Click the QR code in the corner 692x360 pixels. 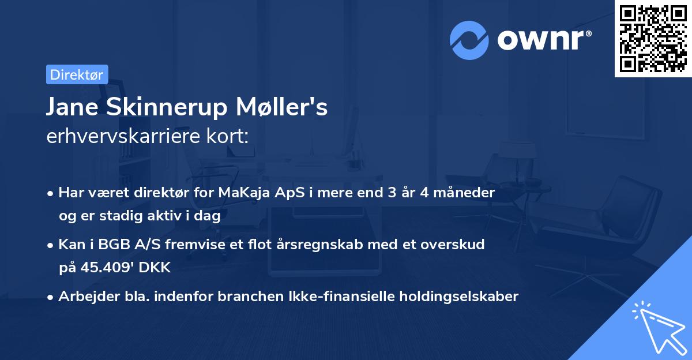[653, 38]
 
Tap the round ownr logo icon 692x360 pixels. [469, 40]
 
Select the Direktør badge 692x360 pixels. [77, 74]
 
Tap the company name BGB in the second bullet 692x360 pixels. [123, 245]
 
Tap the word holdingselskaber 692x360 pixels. [457, 297]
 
